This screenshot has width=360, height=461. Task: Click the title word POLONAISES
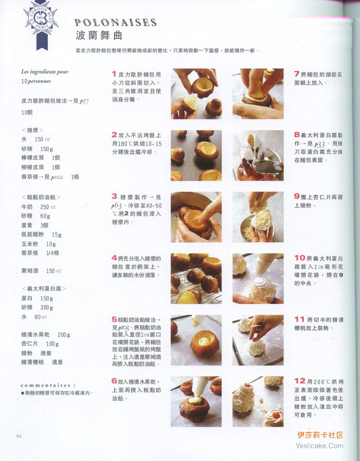click(x=116, y=22)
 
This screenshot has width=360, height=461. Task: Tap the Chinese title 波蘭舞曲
click(x=99, y=35)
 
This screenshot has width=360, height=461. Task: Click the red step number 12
click(x=300, y=381)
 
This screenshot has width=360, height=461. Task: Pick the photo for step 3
click(x=196, y=217)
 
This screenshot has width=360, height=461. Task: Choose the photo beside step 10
click(x=258, y=279)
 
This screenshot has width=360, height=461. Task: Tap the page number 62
click(x=19, y=436)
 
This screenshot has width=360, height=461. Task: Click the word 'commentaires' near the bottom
click(x=46, y=385)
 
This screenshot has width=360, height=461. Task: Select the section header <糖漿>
click(x=32, y=130)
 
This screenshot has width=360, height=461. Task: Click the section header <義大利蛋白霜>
click(x=44, y=289)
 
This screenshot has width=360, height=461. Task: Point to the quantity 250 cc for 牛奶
click(x=48, y=207)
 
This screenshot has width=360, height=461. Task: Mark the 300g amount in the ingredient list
click(x=47, y=307)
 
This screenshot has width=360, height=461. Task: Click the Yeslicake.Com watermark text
click(x=319, y=446)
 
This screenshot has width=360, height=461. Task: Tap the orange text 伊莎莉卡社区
click(x=320, y=435)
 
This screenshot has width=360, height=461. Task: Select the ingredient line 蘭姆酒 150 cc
click(x=42, y=271)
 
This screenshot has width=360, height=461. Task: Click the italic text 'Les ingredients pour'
click(x=45, y=71)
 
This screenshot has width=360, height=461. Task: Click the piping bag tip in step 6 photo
click(x=194, y=396)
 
